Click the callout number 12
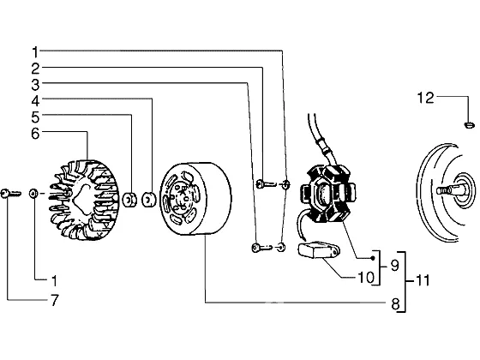coord(425,98)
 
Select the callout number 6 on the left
coord(35,134)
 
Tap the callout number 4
coord(35,101)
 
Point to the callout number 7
coord(54,300)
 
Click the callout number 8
coord(395,304)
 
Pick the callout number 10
coord(366,278)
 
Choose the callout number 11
coord(423,280)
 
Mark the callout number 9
coord(395,265)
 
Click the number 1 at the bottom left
coord(54,281)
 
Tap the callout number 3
coord(35,85)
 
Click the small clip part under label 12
coord(470,124)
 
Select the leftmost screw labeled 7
coord(10,194)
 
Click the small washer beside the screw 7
coord(33,194)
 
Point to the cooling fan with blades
coord(84,200)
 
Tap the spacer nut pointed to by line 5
coord(129,200)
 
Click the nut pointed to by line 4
coord(149,200)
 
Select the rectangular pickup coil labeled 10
coord(319,249)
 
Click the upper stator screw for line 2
coord(265,183)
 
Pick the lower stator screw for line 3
coord(261,247)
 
